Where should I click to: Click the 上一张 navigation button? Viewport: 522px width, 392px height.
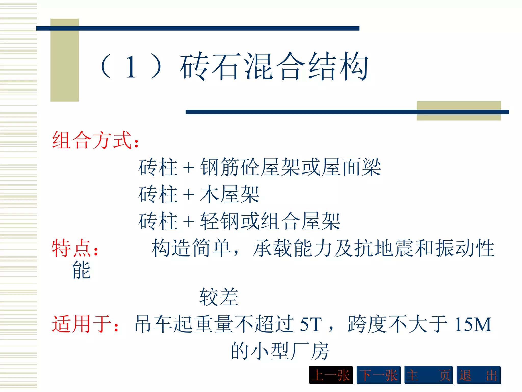click(331, 375)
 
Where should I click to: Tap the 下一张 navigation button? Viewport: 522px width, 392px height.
click(379, 375)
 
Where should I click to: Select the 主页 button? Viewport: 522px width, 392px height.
click(428, 375)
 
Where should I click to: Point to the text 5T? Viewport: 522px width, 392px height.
click(311, 324)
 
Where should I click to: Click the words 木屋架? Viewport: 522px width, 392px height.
click(230, 194)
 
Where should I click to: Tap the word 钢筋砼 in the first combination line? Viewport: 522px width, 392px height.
click(230, 167)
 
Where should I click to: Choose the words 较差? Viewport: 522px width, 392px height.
click(219, 297)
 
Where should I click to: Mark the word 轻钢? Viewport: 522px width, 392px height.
click(220, 221)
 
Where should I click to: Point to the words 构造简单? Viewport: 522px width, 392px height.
click(191, 248)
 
